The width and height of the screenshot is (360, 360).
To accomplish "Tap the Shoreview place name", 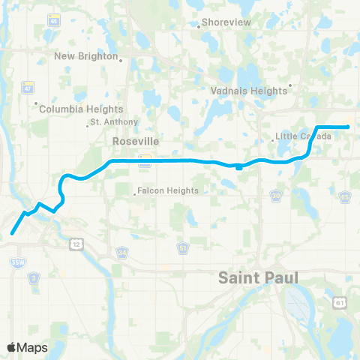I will pos(225,23).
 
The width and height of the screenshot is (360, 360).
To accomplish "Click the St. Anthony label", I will pos(113,121).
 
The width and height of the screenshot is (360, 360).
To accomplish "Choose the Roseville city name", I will pos(131,140).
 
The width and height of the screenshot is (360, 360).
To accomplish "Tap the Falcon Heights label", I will pos(169,190).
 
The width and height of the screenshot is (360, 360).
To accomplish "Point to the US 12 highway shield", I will pos(76,244).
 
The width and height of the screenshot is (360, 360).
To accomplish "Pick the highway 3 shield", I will pos(34,277).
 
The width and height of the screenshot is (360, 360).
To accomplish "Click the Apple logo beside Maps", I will pos(12,347).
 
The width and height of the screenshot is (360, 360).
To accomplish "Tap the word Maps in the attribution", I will pos(34,347).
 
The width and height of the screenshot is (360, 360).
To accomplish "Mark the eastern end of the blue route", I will pos(349,127).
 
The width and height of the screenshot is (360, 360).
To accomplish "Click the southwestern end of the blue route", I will pos(12,232).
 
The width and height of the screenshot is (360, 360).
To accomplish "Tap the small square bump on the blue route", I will pos(238,167).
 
